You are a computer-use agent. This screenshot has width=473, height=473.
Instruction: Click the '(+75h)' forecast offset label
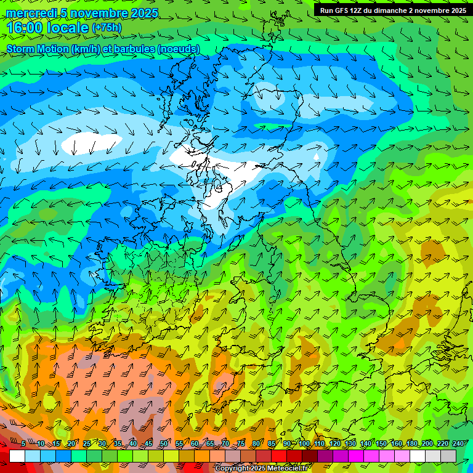(107, 28)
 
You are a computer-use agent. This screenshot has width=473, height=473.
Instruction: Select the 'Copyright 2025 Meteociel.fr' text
(261, 469)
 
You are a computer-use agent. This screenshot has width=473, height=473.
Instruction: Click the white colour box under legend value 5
(17, 456)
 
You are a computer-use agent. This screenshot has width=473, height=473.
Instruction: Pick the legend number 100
(304, 444)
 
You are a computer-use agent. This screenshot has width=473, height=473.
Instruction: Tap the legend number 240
(458, 444)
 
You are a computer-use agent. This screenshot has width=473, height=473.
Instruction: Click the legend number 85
(272, 444)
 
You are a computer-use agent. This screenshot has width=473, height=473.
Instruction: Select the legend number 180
(411, 444)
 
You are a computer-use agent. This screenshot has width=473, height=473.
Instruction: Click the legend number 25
(87, 444)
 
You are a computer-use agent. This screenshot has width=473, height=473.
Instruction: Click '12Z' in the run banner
(362, 10)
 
